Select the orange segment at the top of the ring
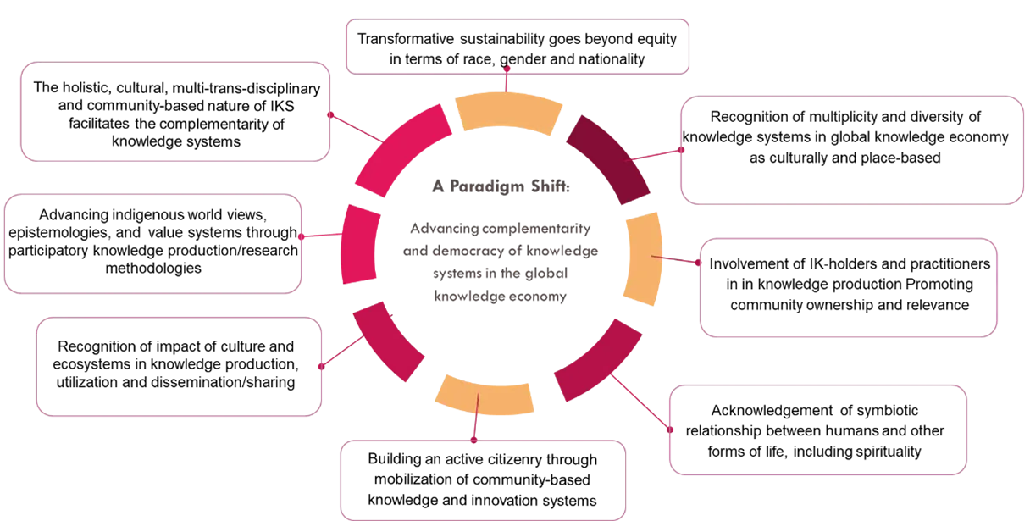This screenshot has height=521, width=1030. click(x=508, y=114)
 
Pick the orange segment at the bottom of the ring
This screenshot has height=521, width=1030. click(x=484, y=396)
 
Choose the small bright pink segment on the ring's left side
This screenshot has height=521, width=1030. click(x=359, y=245)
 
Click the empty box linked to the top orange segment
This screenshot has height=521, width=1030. click(x=518, y=43)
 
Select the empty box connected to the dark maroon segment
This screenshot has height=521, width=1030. click(x=852, y=152)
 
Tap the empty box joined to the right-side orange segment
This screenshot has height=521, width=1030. click(x=850, y=288)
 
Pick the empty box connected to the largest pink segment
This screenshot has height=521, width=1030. click(x=174, y=111)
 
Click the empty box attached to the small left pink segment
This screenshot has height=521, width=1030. click(x=153, y=244)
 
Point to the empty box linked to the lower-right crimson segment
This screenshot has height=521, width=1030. click(x=817, y=430)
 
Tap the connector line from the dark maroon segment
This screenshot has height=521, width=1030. click(x=656, y=155)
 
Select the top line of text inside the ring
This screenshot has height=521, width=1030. click(x=501, y=187)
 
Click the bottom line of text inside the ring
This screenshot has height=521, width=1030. click(x=499, y=297)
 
